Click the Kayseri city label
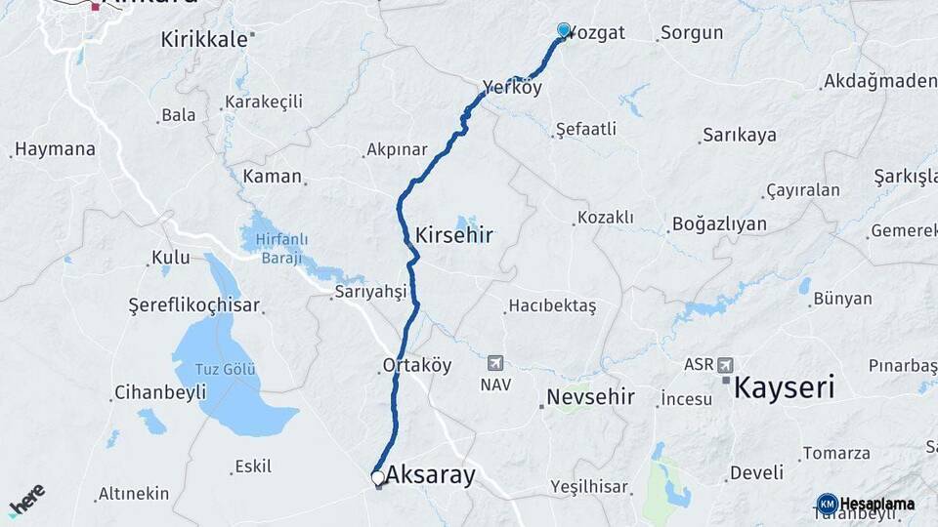[x=784, y=387]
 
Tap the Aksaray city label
[x=430, y=475]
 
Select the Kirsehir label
[x=453, y=235]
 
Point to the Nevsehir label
[x=590, y=397]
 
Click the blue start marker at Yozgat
[x=564, y=30]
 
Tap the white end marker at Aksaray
[x=378, y=477]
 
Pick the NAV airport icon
[x=495, y=364]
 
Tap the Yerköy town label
[x=511, y=88]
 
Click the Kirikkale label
[x=206, y=39]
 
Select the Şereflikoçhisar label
[x=193, y=305]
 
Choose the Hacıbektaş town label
[x=553, y=306]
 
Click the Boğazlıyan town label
[x=719, y=224]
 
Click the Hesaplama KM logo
[x=866, y=504]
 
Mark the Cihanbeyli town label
[x=160, y=392]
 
